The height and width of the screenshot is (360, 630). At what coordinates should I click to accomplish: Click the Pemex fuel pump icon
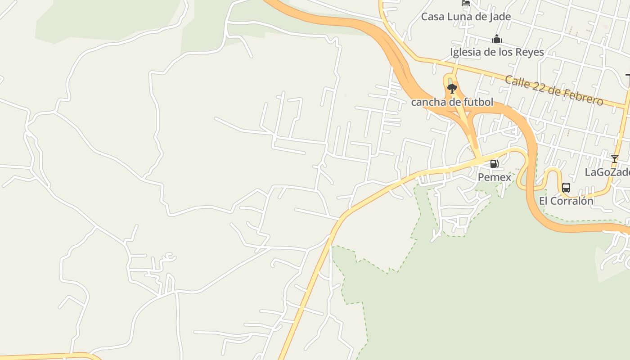(494, 164)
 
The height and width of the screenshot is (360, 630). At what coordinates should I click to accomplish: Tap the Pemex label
(494, 177)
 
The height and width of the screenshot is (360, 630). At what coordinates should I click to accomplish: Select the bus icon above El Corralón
(566, 188)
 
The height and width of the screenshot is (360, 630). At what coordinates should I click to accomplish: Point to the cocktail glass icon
(614, 158)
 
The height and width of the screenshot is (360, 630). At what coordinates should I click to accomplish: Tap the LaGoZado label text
(607, 172)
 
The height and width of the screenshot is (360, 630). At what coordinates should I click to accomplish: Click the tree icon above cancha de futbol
(452, 88)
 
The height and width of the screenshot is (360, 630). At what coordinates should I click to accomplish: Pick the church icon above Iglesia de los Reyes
(497, 39)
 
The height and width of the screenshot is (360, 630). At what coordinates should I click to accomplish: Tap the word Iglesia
(465, 52)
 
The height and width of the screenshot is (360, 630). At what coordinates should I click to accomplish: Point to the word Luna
(462, 17)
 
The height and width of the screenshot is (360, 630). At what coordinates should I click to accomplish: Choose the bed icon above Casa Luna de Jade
(466, 3)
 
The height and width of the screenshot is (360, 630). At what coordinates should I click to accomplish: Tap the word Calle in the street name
(517, 82)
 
